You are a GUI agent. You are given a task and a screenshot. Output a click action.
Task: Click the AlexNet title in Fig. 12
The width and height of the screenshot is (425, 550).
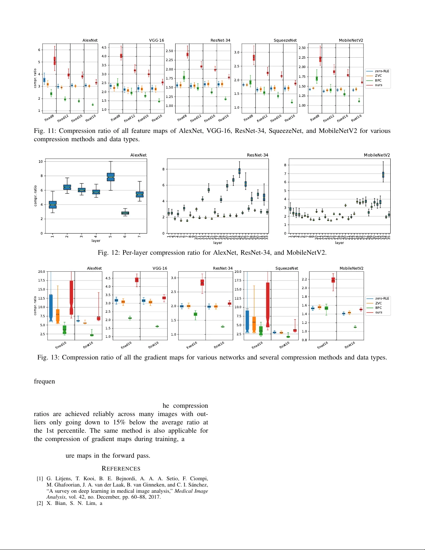click(x=138, y=155)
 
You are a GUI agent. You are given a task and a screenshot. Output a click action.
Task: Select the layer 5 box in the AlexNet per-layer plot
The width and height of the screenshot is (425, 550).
click(x=111, y=177)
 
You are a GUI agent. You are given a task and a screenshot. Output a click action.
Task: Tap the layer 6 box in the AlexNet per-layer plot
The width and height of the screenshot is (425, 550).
click(x=125, y=213)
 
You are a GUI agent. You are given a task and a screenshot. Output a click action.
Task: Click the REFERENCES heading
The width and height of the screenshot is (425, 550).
click(x=121, y=468)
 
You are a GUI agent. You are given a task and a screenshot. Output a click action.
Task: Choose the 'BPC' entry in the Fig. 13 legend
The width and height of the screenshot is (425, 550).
click(x=378, y=308)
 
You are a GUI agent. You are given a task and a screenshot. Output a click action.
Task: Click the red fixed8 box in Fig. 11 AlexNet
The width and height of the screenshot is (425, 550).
click(x=54, y=61)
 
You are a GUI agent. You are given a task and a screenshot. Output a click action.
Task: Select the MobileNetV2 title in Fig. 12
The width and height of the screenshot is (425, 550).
click(x=377, y=155)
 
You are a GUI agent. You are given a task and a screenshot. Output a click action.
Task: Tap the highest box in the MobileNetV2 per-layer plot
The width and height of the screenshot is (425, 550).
click(x=383, y=175)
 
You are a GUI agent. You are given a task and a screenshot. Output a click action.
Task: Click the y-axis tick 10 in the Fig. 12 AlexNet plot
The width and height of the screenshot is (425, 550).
click(x=41, y=161)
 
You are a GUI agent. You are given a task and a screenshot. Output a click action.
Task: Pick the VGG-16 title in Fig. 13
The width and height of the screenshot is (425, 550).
click(x=160, y=268)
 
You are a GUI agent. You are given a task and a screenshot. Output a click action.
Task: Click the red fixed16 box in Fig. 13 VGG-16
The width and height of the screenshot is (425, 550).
click(x=137, y=280)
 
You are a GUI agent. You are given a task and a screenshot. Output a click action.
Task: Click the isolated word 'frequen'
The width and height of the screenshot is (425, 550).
click(x=44, y=381)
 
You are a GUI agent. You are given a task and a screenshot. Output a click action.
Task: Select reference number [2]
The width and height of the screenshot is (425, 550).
click(x=40, y=504)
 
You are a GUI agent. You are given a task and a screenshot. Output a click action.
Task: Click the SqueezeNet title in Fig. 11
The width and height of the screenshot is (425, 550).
click(x=285, y=40)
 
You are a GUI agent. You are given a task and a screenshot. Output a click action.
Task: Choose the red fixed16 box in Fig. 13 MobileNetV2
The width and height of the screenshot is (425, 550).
click(x=333, y=280)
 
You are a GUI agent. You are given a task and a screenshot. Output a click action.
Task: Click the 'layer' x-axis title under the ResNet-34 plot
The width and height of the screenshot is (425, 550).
click(x=218, y=243)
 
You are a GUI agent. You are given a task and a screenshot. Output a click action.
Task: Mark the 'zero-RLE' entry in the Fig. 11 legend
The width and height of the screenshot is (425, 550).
click(x=382, y=71)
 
